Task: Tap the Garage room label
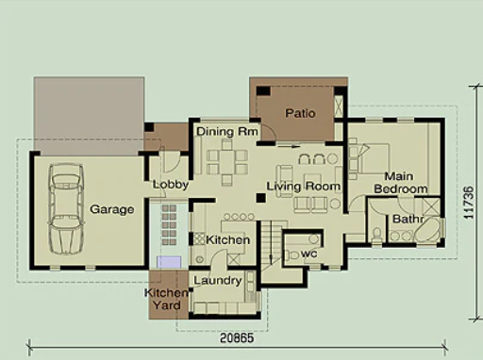[x=111, y=209]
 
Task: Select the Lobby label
[x=171, y=185]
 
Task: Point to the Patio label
[x=300, y=113]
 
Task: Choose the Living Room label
[x=302, y=187]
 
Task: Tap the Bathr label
[x=409, y=220]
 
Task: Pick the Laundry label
[x=218, y=281]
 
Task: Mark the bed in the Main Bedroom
[x=369, y=156]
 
